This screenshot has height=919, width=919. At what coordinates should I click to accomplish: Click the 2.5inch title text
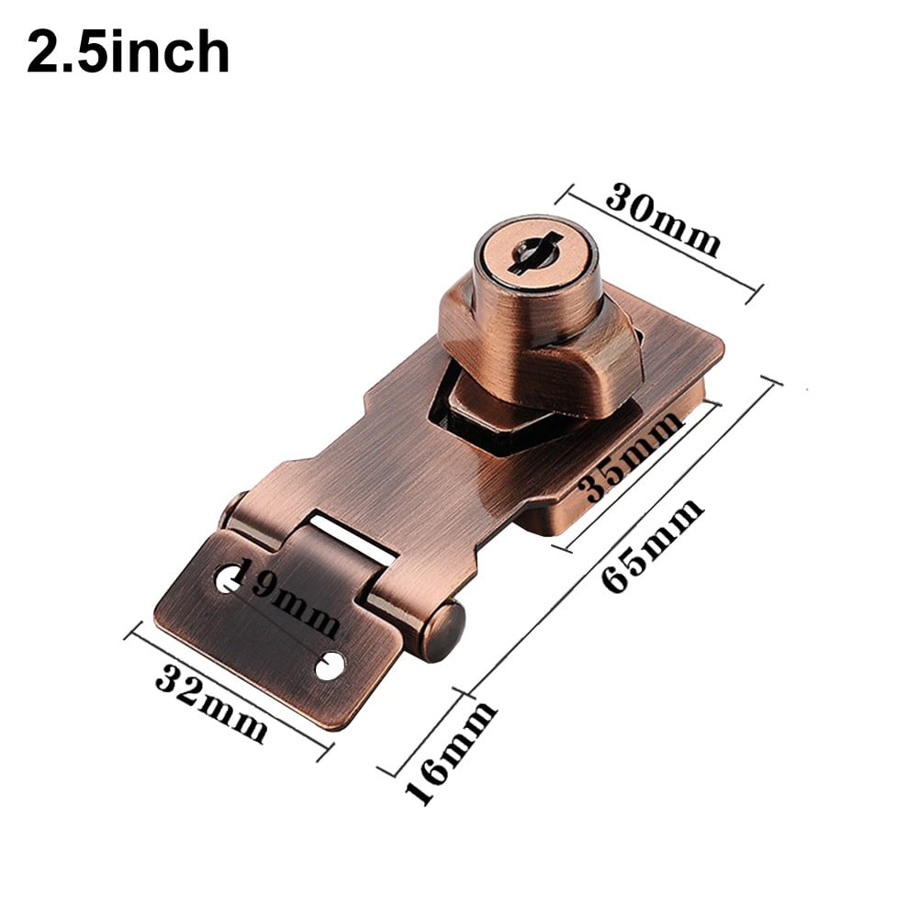(x=128, y=52)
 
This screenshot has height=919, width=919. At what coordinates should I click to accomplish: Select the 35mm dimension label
(x=634, y=456)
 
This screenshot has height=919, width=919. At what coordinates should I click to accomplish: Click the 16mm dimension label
(x=450, y=754)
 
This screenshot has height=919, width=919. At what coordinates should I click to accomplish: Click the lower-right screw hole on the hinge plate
(x=330, y=666)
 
